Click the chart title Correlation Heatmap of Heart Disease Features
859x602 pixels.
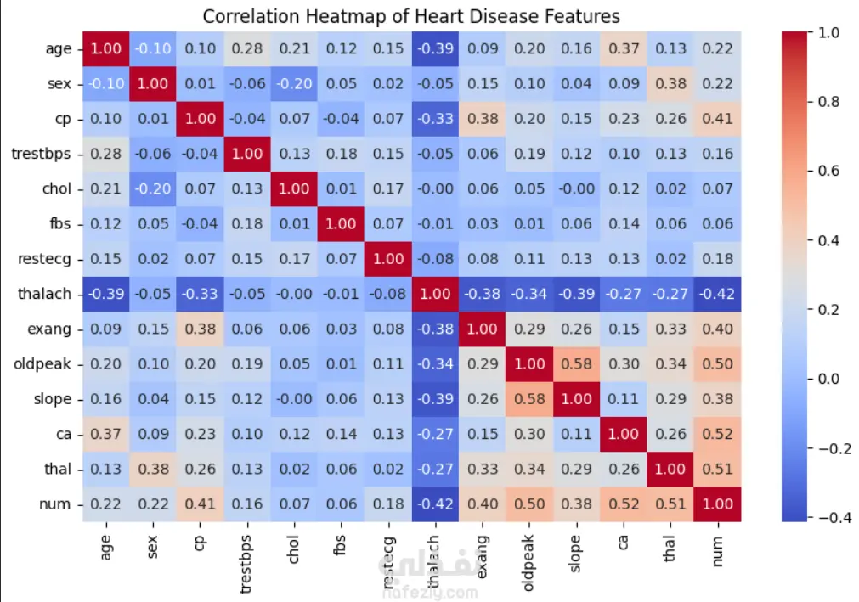411,16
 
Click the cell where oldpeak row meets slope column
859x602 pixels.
576,363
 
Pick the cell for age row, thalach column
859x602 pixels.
434,48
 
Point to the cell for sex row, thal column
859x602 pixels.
671,84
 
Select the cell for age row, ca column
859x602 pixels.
624,48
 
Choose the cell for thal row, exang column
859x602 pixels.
482,469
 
